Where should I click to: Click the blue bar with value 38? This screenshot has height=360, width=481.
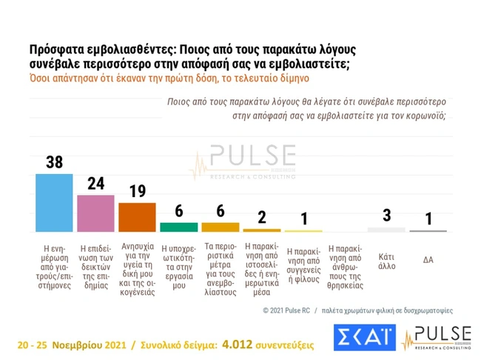click(55, 202)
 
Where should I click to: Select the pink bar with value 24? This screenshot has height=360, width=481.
click(96, 213)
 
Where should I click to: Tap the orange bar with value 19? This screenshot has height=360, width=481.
click(137, 216)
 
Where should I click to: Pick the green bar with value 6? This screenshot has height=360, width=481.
click(179, 227)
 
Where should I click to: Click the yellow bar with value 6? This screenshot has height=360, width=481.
click(221, 227)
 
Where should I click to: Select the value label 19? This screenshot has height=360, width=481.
click(138, 192)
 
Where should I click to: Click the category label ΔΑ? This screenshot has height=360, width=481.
click(428, 259)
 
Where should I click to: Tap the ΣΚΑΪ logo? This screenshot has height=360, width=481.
click(364, 338)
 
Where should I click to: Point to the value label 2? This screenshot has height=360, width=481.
click(262, 218)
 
